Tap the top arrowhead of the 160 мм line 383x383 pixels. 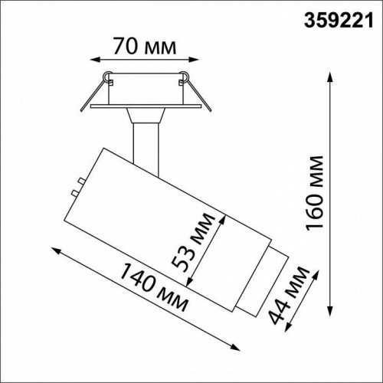click(x=330, y=76)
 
